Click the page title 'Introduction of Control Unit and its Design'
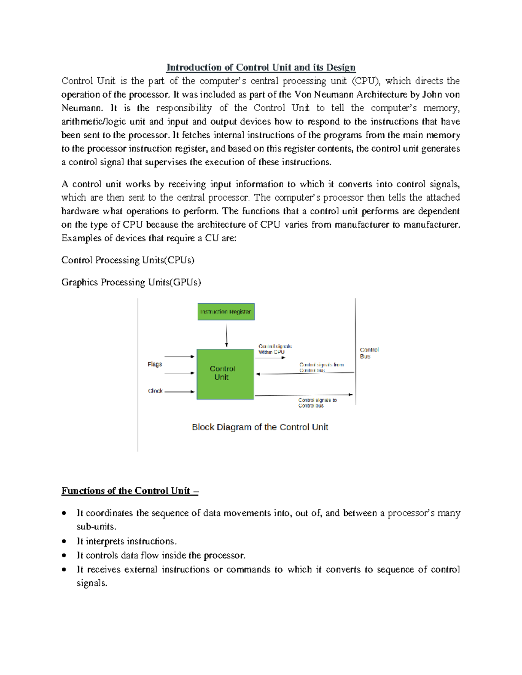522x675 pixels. (261, 67)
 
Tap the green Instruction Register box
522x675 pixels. (226, 312)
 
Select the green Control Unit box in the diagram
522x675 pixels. (225, 374)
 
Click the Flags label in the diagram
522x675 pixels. (155, 364)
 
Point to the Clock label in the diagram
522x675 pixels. (155, 391)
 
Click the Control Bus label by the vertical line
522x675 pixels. (369, 353)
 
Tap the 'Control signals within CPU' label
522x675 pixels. (275, 349)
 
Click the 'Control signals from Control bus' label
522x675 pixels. (321, 368)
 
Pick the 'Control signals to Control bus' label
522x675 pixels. (317, 403)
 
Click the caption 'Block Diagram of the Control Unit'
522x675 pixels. (260, 427)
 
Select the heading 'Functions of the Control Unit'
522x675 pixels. (130, 491)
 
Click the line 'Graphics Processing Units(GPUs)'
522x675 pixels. (131, 283)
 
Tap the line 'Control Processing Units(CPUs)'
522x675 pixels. (127, 260)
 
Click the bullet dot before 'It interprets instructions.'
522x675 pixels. (64, 542)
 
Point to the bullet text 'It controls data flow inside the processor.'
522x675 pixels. (161, 555)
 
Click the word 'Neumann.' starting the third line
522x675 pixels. (82, 108)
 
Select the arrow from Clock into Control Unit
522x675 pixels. (180, 392)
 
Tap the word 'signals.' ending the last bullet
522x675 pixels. (92, 583)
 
